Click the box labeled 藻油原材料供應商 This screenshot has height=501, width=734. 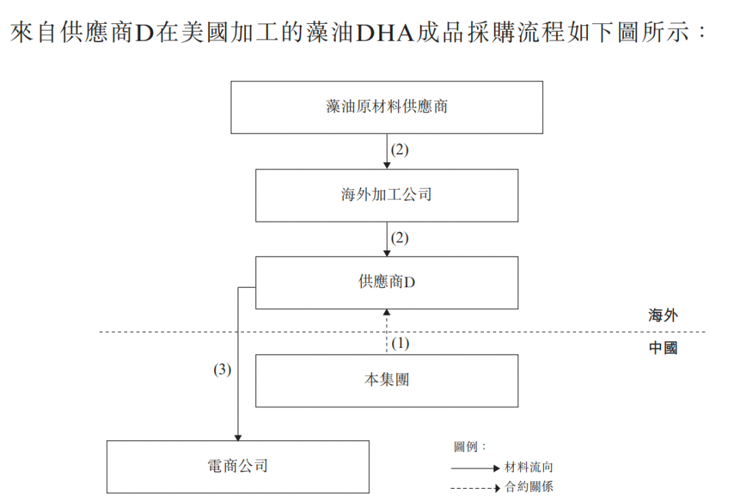pyautogui.click(x=387, y=107)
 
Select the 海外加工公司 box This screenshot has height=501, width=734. pyautogui.click(x=387, y=195)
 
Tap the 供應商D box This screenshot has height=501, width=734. pyautogui.click(x=387, y=282)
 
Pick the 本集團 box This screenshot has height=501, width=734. pyautogui.click(x=387, y=380)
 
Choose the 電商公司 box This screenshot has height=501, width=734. pyautogui.click(x=238, y=466)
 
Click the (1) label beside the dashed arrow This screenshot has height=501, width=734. pyautogui.click(x=400, y=344)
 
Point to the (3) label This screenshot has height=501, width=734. pyautogui.click(x=222, y=370)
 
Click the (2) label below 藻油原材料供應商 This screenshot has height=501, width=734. pyautogui.click(x=400, y=150)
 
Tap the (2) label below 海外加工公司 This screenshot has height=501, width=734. pyautogui.click(x=400, y=238)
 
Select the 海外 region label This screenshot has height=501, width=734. pyautogui.click(x=663, y=315)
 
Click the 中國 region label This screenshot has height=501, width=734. pyautogui.click(x=663, y=349)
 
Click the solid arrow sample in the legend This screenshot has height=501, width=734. pyautogui.click(x=475, y=468)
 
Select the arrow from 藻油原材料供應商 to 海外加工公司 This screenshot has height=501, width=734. pyautogui.click(x=387, y=151)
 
